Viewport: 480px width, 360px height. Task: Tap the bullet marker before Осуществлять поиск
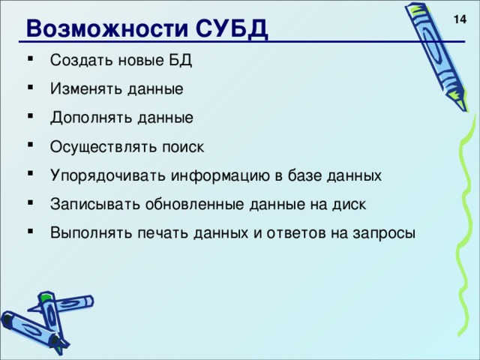coord(28,147)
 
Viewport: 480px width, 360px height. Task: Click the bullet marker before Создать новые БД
coord(28,61)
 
